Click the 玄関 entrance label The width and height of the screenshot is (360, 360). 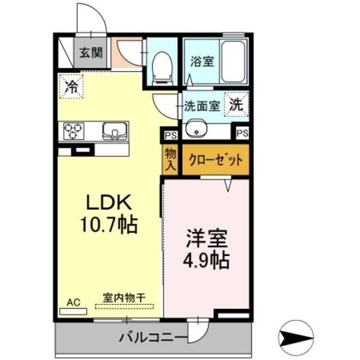pyautogui.click(x=90, y=53)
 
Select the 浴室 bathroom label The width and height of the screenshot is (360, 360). pyautogui.click(x=202, y=61)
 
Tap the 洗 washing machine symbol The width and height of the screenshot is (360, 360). pyautogui.click(x=237, y=103)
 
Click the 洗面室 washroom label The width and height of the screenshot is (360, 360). pyautogui.click(x=202, y=105)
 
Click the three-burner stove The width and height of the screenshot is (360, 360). pyautogui.click(x=73, y=131)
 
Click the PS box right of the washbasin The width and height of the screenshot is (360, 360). pyautogui.click(x=242, y=133)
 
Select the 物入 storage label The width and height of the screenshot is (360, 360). pyautogui.click(x=170, y=159)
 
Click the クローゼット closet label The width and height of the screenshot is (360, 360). pyautogui.click(x=214, y=160)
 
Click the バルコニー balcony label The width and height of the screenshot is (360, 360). pyautogui.click(x=153, y=339)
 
